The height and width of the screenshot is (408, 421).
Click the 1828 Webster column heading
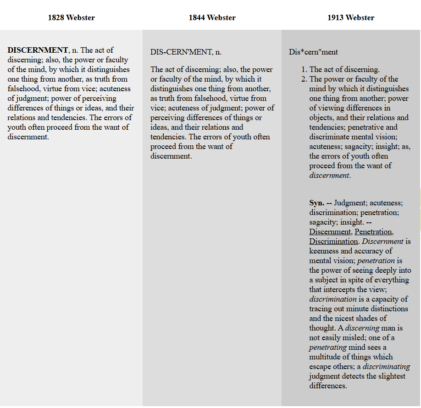(x=71, y=18)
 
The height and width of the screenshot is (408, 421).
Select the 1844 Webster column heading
(x=212, y=18)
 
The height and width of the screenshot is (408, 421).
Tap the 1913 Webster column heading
(x=351, y=18)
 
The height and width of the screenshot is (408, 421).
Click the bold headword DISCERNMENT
(x=38, y=50)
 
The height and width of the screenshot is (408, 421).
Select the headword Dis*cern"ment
(x=313, y=52)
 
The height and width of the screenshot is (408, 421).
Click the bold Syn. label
(x=316, y=203)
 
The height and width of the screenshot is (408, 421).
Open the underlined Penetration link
(x=374, y=232)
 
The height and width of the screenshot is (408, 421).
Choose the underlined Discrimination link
(x=333, y=242)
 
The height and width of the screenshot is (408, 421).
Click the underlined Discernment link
(x=330, y=232)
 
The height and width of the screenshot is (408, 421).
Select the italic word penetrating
(x=327, y=347)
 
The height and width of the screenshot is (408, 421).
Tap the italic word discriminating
(x=386, y=367)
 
